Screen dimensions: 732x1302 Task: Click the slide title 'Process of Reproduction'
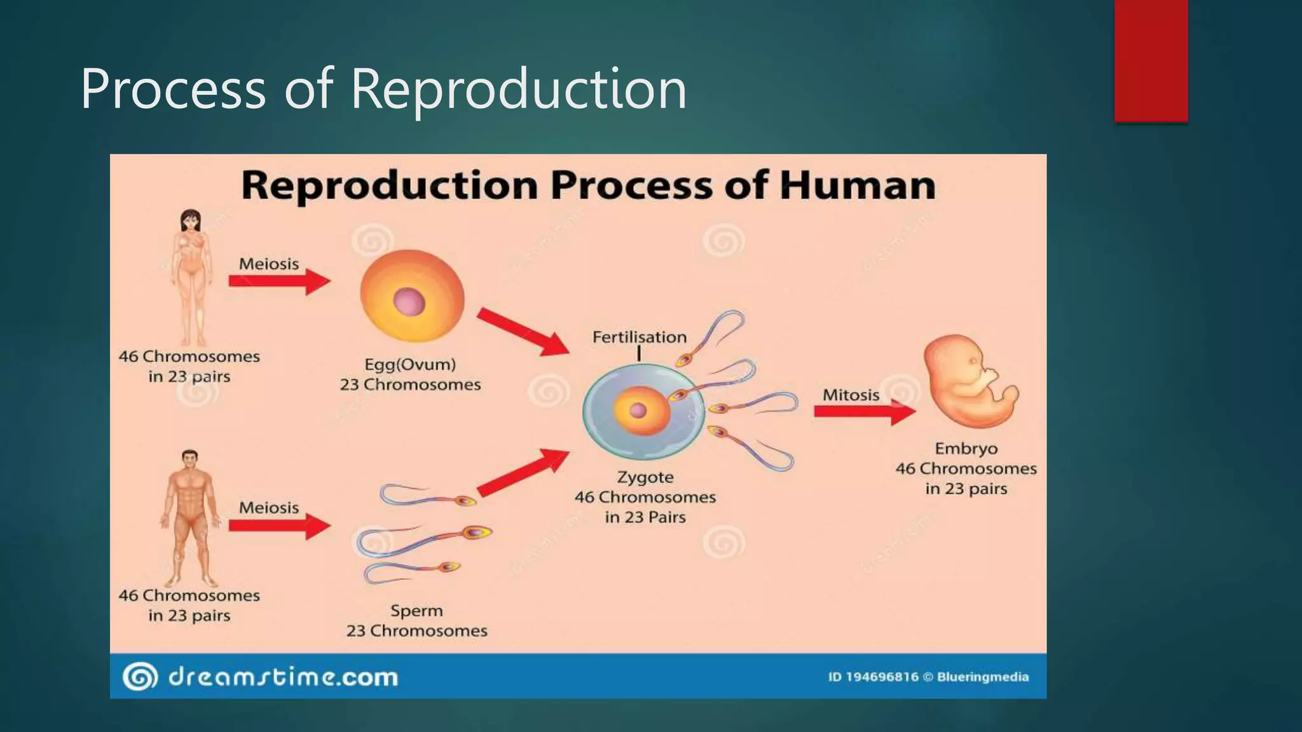pyautogui.click(x=383, y=89)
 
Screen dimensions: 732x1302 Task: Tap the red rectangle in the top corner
pyautogui.click(x=1151, y=60)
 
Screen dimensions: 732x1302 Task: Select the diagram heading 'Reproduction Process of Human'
pyautogui.click(x=588, y=186)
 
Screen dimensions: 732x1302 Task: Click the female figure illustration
pyautogui.click(x=191, y=276)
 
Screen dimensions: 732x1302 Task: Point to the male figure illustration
pyautogui.click(x=189, y=518)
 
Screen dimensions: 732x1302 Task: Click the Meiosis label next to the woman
pyautogui.click(x=269, y=264)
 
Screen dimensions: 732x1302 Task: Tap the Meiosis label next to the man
pyautogui.click(x=269, y=508)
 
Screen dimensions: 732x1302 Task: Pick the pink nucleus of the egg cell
pyautogui.click(x=409, y=302)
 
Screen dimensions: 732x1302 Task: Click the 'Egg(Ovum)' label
pyautogui.click(x=410, y=365)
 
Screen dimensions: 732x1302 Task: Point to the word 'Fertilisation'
pyautogui.click(x=640, y=337)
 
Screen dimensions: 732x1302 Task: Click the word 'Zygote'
pyautogui.click(x=645, y=477)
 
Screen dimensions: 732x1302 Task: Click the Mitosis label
pyautogui.click(x=851, y=395)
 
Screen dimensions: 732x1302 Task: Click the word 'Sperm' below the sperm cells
pyautogui.click(x=416, y=611)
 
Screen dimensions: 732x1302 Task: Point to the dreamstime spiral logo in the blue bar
pyautogui.click(x=139, y=676)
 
